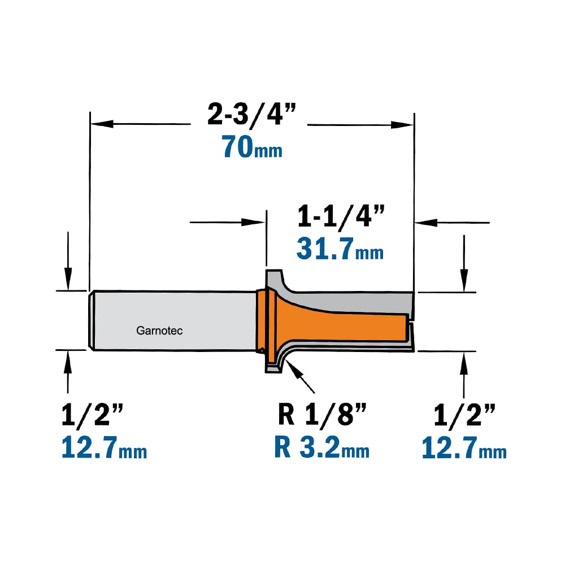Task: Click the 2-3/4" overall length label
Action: [251, 115]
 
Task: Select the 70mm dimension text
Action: [252, 147]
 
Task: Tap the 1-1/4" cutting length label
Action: [341, 216]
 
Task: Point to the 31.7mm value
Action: [340, 249]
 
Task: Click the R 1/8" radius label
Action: [322, 415]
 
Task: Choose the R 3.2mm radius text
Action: [322, 447]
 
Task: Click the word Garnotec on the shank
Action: [159, 331]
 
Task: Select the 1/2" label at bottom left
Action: [92, 415]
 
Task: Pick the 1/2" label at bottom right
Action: [464, 415]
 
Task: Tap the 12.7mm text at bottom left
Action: [104, 447]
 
